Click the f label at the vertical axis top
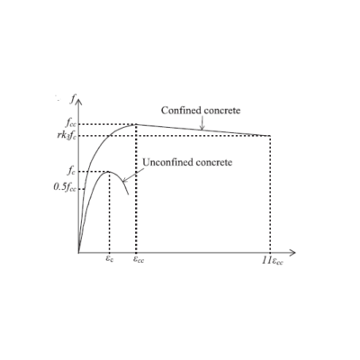[72, 99]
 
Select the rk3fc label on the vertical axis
[67, 135]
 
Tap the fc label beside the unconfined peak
[71, 171]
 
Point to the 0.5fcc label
[65, 187]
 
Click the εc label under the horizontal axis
[110, 258]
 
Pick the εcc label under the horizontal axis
[139, 259]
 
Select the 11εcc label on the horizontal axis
[273, 261]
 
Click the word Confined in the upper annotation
[181, 111]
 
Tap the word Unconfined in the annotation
[167, 162]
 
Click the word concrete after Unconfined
[213, 163]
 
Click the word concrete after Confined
[222, 111]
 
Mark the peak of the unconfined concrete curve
[109, 171]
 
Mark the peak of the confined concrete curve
[136, 124]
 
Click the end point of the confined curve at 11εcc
[271, 136]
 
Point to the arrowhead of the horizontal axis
[292, 253]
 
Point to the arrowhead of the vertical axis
[78, 101]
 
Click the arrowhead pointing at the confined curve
[202, 128]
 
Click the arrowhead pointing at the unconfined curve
[125, 180]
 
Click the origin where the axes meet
[78, 253]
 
